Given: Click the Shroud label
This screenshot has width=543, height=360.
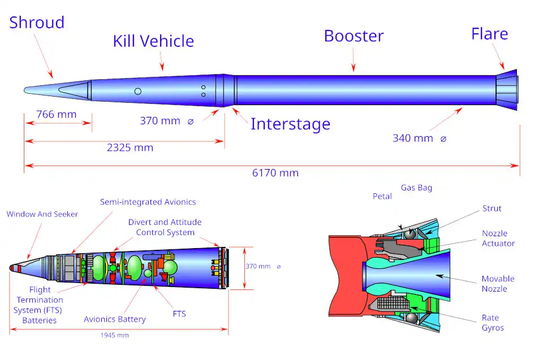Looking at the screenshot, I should tap(37, 23).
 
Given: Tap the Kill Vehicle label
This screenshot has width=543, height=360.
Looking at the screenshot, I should tap(153, 41).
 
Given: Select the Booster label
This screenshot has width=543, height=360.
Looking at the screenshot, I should tap(354, 36).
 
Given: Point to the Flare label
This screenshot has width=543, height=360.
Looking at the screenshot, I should tap(489, 34).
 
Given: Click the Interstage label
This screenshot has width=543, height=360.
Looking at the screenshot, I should tap(290, 124).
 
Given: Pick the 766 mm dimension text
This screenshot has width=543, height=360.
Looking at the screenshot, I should tap(56, 115).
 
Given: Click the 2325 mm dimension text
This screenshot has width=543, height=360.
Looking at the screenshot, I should tap(130, 148).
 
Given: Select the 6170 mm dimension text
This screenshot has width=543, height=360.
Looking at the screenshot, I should tap(275, 173).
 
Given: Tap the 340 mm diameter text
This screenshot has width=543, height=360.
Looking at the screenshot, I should tap(413, 138).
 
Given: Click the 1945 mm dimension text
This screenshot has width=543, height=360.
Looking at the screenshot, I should tap(115, 336).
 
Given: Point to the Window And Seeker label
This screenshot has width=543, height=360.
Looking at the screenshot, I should tap(42, 214).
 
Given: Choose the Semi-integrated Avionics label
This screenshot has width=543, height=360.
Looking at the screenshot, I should tap(148, 202).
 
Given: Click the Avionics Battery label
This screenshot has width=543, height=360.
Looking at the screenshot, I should tap(115, 319).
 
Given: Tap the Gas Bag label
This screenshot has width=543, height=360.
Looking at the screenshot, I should tap(416, 188).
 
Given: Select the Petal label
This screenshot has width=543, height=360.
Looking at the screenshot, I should tap(382, 197).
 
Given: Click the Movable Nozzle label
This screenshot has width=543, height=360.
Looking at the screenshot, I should tap(498, 284).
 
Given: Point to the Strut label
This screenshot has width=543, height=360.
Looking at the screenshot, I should tap(492, 209).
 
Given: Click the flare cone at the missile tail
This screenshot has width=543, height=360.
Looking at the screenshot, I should tap(507, 90).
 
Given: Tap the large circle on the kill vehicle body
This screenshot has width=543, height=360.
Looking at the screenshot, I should tap(137, 92).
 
